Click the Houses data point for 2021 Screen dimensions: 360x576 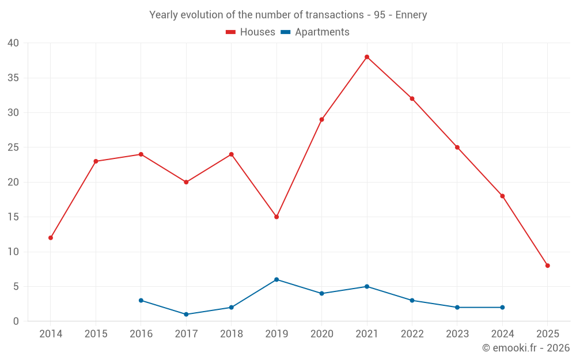click(367, 57)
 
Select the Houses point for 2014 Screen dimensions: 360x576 click(51, 238)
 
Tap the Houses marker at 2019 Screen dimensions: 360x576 click(276, 217)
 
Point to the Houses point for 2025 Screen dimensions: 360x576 click(547, 266)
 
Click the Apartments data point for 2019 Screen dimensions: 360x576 click(276, 279)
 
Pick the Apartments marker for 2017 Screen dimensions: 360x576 click(186, 314)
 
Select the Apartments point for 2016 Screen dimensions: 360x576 click(141, 301)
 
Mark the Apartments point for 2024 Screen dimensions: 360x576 click(502, 308)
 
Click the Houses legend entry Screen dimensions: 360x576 click(251, 32)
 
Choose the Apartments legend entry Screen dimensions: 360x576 click(315, 32)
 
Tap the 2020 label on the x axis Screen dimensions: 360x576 click(321, 334)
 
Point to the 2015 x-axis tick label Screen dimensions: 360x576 click(96, 334)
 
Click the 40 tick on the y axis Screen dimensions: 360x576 click(13, 43)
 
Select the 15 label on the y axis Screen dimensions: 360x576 click(13, 217)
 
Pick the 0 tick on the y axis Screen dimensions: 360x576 click(16, 321)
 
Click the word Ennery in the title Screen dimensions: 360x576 click(411, 15)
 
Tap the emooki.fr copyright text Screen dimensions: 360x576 click(526, 348)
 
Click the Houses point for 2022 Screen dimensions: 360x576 click(412, 98)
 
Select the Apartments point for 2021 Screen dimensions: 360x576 click(367, 286)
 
